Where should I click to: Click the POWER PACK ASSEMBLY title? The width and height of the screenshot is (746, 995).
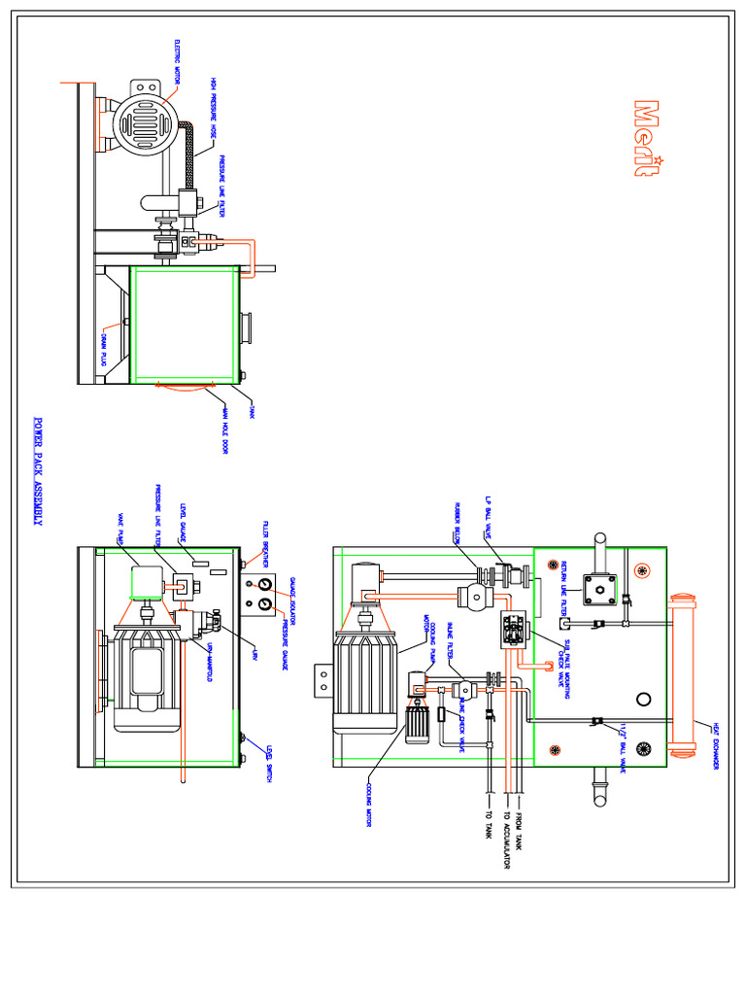pos(39,472)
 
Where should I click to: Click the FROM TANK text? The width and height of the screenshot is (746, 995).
pos(523,831)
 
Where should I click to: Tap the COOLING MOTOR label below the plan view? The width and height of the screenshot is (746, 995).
pos(370,806)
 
